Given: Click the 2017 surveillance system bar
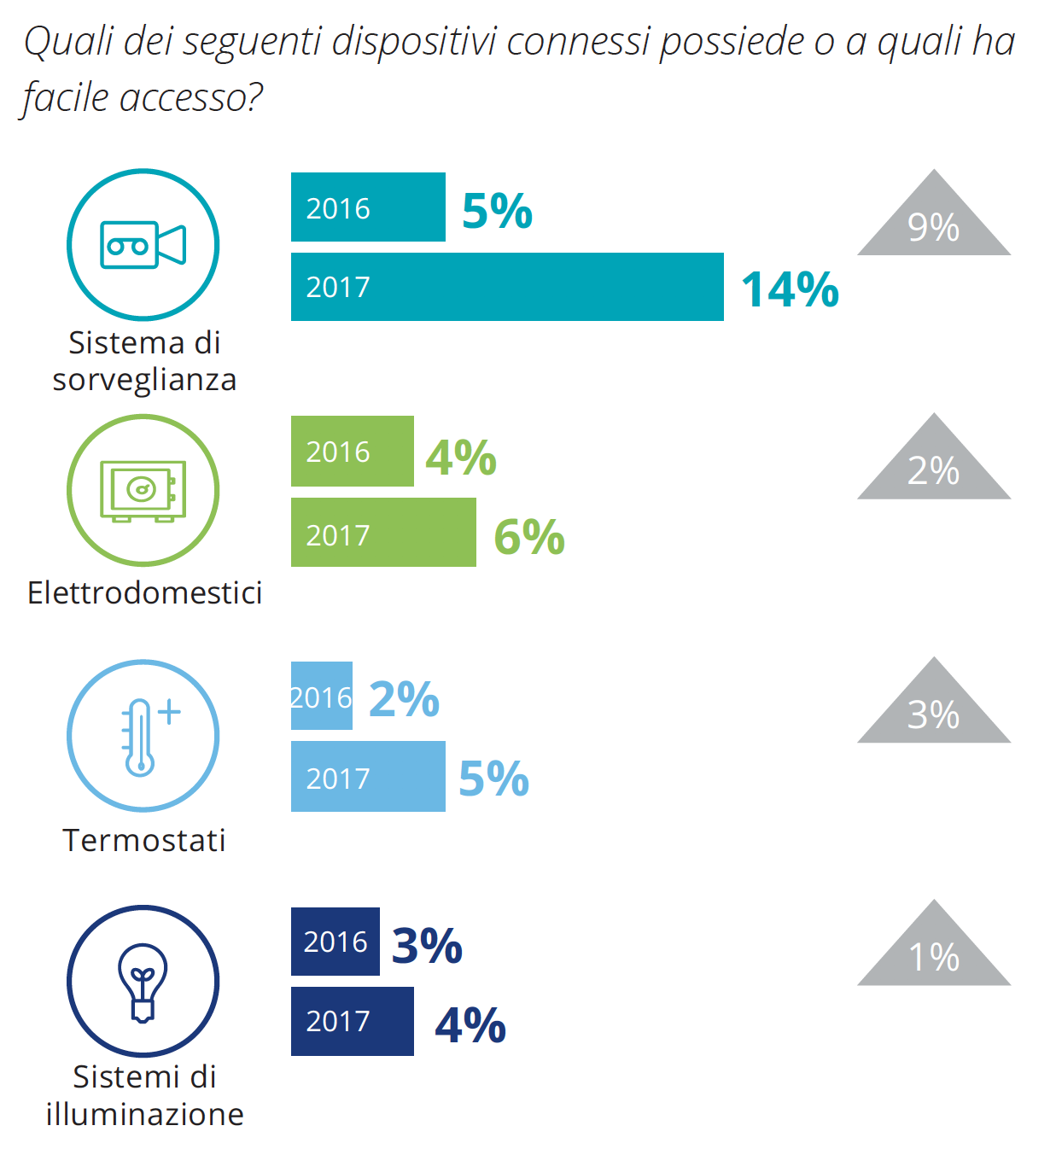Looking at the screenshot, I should point(507,287).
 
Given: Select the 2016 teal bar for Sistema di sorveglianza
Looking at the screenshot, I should point(368,207).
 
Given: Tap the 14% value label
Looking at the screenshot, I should point(790,289).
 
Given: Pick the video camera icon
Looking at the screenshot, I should point(143,245).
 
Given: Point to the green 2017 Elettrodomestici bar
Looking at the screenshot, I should point(383,533).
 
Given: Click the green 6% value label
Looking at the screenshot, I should point(529,537).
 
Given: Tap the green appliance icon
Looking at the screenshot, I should point(143,490).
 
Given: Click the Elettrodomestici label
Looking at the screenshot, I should point(144,592).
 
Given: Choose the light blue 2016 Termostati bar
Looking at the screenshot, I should point(322,696).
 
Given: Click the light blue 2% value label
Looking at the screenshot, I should point(404,699).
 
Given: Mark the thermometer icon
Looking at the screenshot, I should point(143,736).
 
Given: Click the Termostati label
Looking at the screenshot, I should point(144,840).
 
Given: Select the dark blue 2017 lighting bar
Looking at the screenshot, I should point(352,1021).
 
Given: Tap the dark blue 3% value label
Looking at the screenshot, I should point(427,945).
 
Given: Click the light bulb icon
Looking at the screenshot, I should point(143,982).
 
